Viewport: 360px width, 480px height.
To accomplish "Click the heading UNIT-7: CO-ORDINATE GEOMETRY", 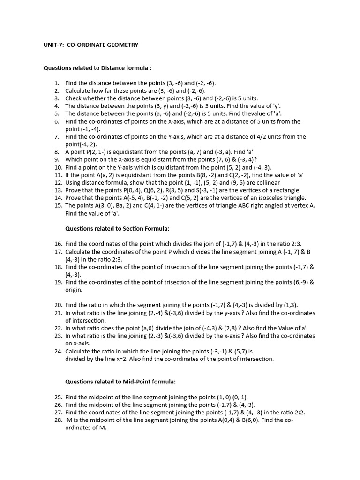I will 91,45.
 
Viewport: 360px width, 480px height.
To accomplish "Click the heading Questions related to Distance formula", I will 97,68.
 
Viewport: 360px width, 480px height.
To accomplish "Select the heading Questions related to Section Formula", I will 117,228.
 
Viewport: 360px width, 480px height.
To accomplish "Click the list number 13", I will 58,190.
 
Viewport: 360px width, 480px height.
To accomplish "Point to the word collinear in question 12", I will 266,183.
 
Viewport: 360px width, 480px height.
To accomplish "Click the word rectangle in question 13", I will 285,190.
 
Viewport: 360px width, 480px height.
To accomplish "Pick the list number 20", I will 58,305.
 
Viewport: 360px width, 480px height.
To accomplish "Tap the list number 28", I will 58,420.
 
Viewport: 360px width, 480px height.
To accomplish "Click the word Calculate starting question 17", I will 79,252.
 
